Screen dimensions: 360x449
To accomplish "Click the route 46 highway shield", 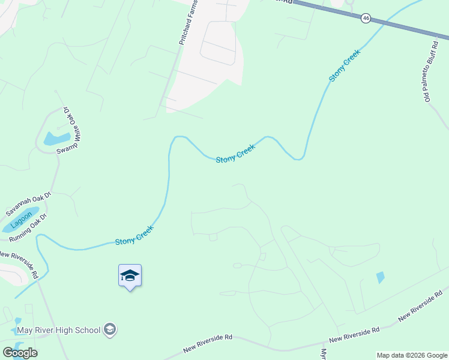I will click(x=366, y=19).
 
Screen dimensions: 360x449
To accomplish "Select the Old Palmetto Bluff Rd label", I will click(x=430, y=70).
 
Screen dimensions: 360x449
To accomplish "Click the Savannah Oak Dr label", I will click(x=29, y=204).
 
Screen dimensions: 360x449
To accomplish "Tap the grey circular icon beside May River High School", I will click(x=110, y=329).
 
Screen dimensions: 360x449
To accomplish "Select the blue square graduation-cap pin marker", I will click(x=130, y=276).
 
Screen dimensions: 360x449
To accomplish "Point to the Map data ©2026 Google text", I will click(x=412, y=355).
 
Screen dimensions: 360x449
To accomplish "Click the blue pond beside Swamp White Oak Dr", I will click(x=56, y=139).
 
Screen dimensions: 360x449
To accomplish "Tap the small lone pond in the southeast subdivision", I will click(x=380, y=278).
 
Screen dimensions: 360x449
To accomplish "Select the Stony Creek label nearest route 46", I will click(x=345, y=66).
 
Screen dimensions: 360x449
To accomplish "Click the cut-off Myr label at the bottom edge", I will click(x=324, y=354).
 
